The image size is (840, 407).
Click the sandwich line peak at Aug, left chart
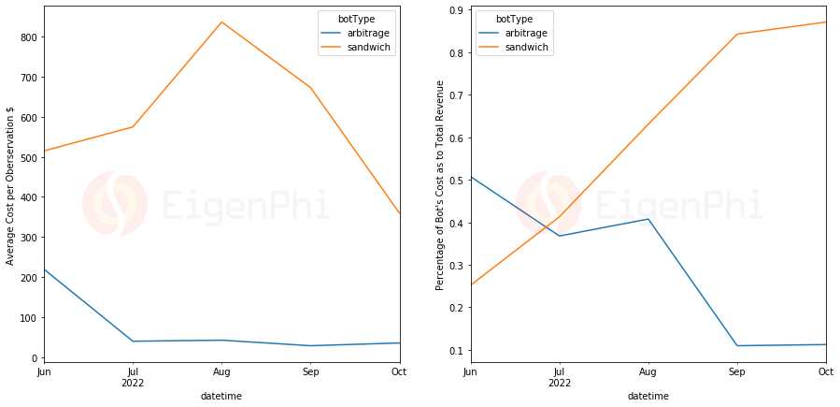point(221,22)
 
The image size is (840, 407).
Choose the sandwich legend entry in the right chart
point(526,47)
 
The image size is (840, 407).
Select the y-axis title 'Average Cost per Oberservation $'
point(10,185)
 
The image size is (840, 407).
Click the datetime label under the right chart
point(648,396)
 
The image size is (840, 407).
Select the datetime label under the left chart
point(221,396)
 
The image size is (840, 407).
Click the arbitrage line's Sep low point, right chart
point(737,345)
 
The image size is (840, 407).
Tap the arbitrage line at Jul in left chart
point(133,341)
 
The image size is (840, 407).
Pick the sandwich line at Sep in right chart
point(737,35)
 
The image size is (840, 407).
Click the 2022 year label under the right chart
point(560,383)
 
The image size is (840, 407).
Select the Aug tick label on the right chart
point(648,371)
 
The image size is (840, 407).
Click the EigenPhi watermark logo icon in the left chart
point(114,204)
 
